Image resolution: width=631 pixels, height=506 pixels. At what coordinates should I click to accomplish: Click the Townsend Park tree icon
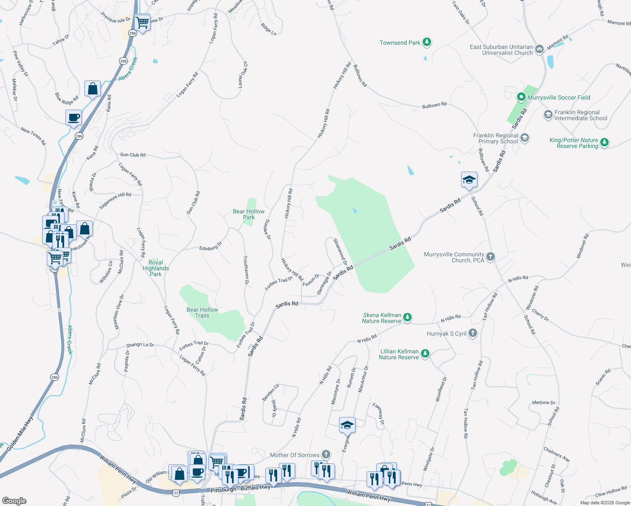427,42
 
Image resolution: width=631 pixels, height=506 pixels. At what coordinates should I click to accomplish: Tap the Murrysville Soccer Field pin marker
521,97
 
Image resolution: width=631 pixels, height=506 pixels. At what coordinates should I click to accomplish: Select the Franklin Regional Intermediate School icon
548,115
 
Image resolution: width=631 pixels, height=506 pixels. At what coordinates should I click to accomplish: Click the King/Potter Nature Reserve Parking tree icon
604,143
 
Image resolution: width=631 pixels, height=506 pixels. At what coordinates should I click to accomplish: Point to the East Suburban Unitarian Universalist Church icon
539,50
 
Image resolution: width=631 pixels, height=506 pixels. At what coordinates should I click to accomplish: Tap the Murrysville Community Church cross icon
490,257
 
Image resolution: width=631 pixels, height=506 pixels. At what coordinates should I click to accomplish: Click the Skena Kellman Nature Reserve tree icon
407,318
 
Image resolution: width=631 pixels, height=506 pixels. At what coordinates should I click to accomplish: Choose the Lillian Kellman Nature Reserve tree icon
425,354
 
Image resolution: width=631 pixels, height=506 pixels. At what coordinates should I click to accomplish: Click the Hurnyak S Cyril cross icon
473,333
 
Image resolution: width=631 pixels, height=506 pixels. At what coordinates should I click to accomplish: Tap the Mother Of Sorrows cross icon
326,455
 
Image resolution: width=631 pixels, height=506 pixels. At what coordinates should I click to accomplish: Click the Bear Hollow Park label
249,214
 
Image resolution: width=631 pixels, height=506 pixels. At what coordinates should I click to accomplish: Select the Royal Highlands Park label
156,268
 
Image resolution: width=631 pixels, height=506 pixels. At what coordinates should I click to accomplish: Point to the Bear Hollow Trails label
202,312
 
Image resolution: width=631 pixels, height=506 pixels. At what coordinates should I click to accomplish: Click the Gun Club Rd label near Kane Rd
133,155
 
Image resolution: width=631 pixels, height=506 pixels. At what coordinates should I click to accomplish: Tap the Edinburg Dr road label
210,246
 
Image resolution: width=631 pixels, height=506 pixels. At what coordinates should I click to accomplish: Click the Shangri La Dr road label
140,345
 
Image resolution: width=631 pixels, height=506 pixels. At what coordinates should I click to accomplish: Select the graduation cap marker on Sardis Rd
469,180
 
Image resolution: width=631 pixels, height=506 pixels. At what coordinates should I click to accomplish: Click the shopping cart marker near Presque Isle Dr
142,22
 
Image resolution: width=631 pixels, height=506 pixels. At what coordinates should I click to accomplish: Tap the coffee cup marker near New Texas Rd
74,118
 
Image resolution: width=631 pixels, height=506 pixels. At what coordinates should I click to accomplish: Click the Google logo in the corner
14,501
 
